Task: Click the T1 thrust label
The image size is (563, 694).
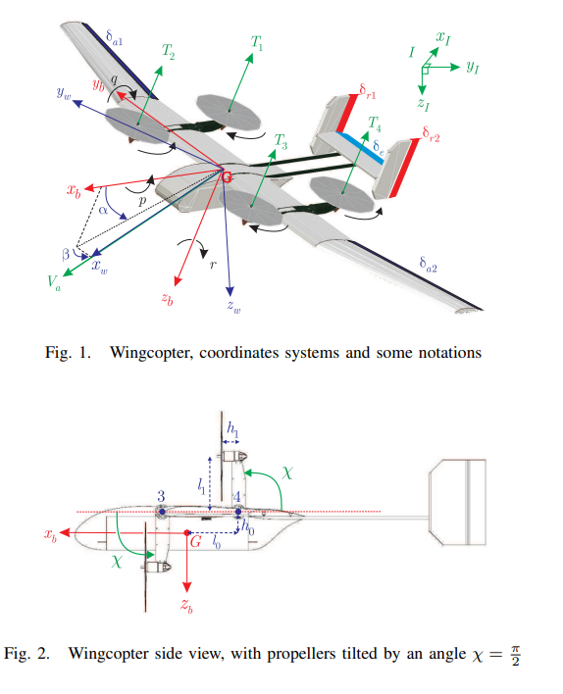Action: [x=257, y=43]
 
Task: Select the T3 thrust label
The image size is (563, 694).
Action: [x=281, y=140]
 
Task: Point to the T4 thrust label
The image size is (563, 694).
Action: [x=374, y=124]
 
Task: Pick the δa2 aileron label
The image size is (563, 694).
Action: [x=426, y=265]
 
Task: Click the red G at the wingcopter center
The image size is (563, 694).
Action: [x=227, y=177]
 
